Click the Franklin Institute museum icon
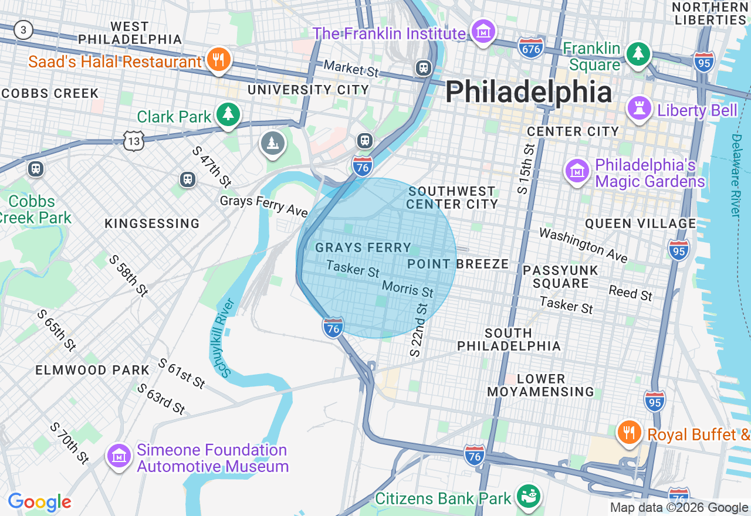tap(483, 32)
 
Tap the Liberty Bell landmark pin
tap(639, 108)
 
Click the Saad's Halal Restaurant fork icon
tap(218, 60)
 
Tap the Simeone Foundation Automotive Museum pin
tap(119, 456)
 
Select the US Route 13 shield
tap(134, 140)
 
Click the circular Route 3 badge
tap(23, 30)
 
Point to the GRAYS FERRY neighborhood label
tap(363, 248)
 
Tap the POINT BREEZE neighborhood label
tap(458, 264)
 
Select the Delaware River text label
tap(737, 175)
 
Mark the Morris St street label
tap(407, 288)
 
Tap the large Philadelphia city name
tap(529, 93)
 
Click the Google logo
tap(39, 502)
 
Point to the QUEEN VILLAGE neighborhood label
tap(640, 223)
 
